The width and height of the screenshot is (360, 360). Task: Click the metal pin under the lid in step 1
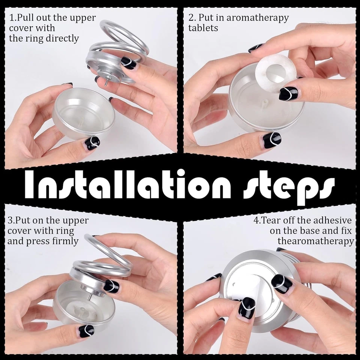pos(106,81)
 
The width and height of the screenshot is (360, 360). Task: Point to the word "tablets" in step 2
pos(203,28)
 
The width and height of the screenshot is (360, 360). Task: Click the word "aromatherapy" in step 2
pos(258,18)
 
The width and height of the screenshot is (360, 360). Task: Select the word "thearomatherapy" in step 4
pos(316,241)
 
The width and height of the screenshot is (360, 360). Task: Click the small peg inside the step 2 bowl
pos(265,102)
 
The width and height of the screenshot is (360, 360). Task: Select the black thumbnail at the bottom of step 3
pos(86,331)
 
